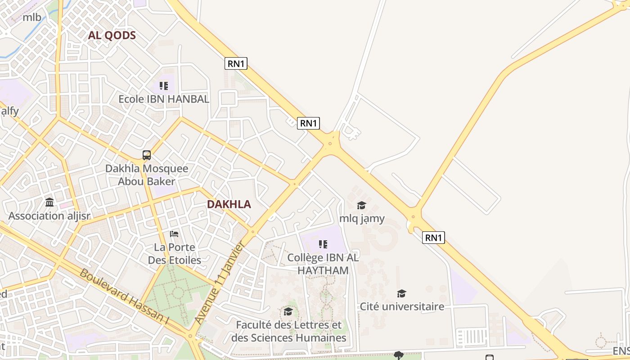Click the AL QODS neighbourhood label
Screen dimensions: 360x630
(x=112, y=36)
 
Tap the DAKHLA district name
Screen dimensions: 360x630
(x=229, y=204)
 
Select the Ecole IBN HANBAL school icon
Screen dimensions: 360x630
(x=164, y=85)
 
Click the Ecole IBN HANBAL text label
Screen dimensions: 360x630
(x=164, y=99)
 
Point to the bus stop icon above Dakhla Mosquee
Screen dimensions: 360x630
(x=147, y=155)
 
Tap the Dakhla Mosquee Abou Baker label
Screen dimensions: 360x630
(x=147, y=175)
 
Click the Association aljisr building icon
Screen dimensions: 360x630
(x=49, y=202)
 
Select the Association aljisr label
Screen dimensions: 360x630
(x=49, y=216)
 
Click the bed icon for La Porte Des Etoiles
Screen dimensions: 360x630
(x=174, y=234)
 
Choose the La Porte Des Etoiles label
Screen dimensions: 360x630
(x=175, y=254)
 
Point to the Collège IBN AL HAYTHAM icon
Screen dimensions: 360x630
(x=323, y=244)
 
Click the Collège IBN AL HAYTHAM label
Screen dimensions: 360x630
(x=323, y=264)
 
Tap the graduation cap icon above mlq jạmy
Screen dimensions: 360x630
(x=361, y=206)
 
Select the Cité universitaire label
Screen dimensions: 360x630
(x=402, y=307)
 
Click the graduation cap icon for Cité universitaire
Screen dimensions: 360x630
(x=401, y=294)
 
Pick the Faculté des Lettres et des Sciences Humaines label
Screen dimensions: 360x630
(x=288, y=331)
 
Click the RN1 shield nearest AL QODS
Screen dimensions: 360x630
(x=236, y=63)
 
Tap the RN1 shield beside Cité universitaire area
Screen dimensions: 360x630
(x=433, y=238)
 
